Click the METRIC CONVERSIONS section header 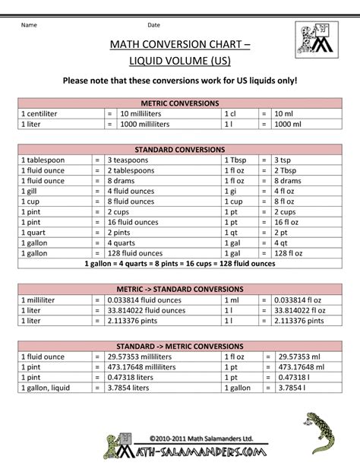coord(180,102)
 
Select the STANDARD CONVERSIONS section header coord(180,150)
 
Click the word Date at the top coord(153,26)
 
